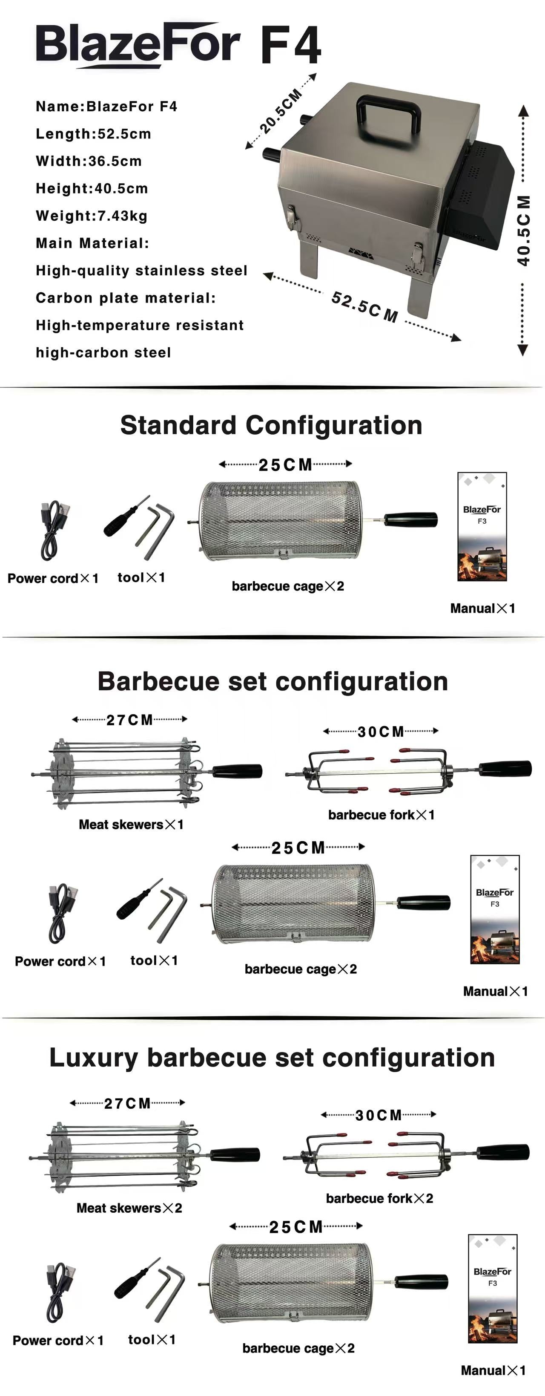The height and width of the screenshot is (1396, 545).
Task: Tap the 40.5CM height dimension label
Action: click(x=523, y=230)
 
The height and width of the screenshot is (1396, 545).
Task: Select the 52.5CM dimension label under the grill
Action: click(x=364, y=307)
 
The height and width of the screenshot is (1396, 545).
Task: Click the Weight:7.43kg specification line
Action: click(x=92, y=216)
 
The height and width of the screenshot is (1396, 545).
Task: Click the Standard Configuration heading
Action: click(x=271, y=425)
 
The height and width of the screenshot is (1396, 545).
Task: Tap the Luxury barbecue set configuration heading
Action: click(x=272, y=1057)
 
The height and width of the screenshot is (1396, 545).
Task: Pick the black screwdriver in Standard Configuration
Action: click(x=123, y=518)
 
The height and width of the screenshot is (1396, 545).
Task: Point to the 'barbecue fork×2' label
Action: click(x=380, y=1198)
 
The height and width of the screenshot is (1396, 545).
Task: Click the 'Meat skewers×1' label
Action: click(x=131, y=824)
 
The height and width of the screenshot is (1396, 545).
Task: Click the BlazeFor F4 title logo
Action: click(x=179, y=44)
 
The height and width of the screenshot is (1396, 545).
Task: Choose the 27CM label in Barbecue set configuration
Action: click(x=129, y=720)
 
